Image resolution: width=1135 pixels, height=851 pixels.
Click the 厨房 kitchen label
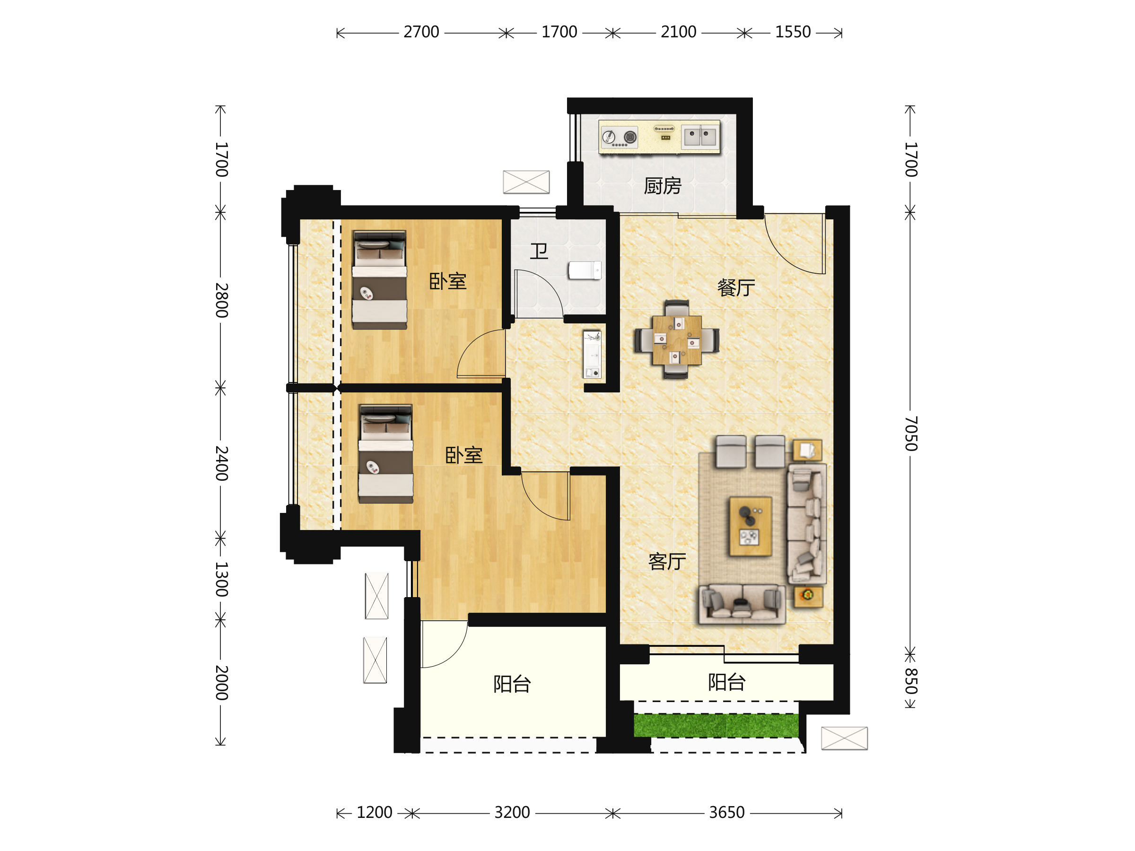point(663,186)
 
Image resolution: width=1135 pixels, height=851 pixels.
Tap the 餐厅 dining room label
point(736,288)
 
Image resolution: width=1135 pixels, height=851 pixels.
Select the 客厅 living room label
point(666,562)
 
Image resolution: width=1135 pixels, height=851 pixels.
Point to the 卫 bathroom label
point(539,252)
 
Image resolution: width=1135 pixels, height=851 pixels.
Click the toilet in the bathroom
point(585,270)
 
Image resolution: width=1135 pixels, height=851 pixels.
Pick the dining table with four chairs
point(676,339)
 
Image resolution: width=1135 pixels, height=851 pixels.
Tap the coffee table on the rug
point(750,526)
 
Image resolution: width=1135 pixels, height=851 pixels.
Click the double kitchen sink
point(700,137)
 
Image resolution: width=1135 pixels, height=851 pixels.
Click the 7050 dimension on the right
point(911,434)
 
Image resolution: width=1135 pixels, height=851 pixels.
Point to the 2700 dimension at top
point(421,32)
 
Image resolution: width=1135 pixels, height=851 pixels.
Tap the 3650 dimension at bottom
point(726,813)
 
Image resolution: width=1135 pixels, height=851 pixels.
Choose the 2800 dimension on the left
point(221,300)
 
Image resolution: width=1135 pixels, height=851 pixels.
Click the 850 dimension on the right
point(911,681)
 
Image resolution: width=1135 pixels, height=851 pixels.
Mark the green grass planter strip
point(716,725)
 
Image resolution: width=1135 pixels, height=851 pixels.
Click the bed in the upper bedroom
point(379,279)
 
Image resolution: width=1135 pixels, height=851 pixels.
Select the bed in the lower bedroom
point(386,453)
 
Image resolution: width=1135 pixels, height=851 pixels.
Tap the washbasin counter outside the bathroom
point(592,354)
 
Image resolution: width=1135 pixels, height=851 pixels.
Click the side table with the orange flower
point(808,597)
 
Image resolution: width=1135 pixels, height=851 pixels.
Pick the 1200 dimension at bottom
point(374,813)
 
